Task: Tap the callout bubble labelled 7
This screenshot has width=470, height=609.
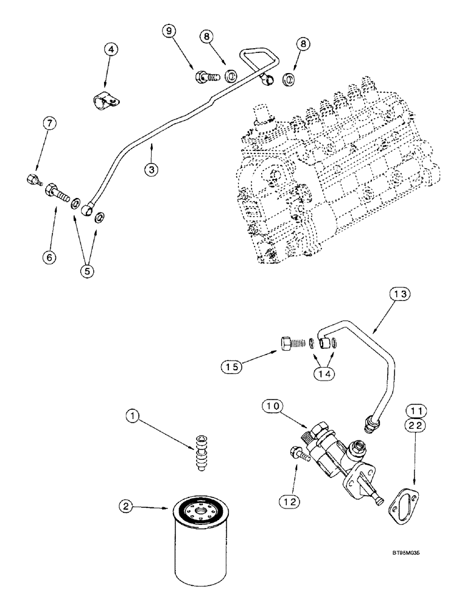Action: (50, 124)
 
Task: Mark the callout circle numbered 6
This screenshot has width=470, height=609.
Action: (50, 257)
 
